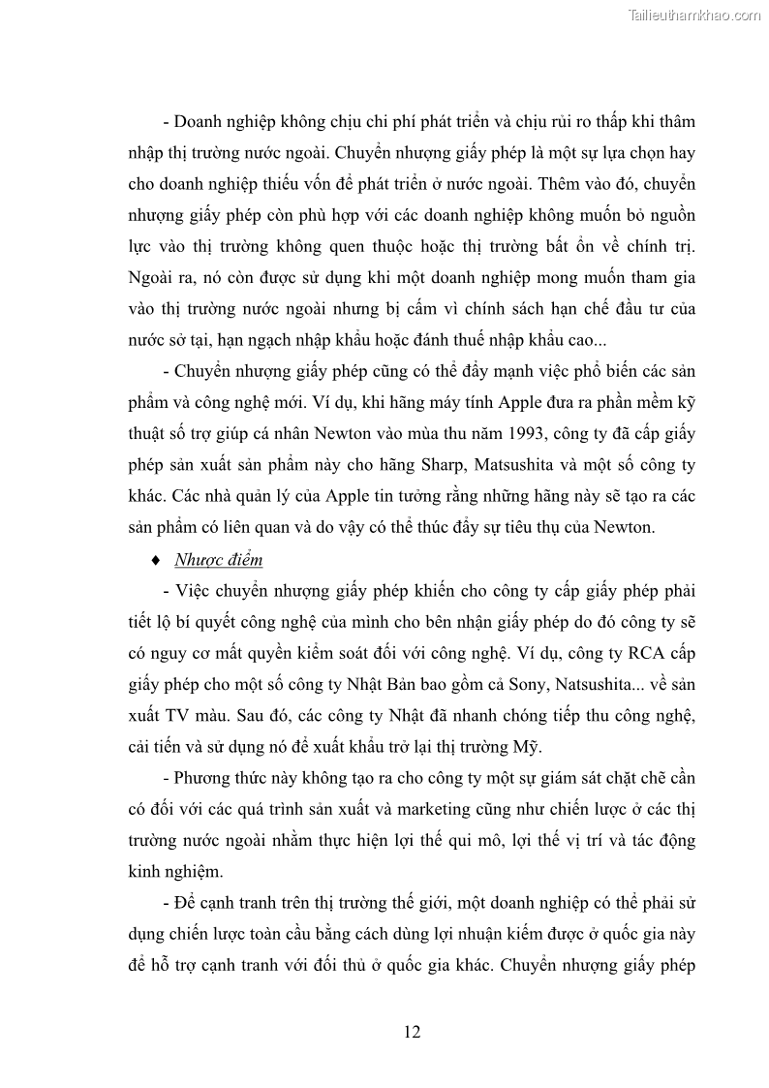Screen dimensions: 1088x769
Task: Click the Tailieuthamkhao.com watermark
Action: tap(694, 15)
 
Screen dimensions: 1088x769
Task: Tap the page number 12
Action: tap(412, 1032)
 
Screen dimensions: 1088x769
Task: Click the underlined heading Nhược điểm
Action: tap(218, 560)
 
